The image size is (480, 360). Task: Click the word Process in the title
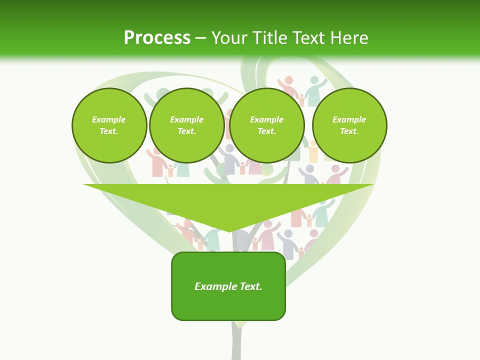coord(157,38)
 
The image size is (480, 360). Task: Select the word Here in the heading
coord(348,38)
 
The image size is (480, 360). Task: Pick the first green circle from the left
coord(109,125)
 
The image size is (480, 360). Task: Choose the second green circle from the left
coord(187,125)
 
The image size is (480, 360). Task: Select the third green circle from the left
coord(267,125)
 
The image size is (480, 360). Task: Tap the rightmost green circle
coord(349,125)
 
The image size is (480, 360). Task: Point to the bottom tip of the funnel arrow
coord(229,231)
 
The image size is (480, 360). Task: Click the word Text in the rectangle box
coord(250,286)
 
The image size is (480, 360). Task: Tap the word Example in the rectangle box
coord(215,286)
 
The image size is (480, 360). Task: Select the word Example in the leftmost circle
coord(109,120)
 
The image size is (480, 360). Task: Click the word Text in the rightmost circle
coord(349,131)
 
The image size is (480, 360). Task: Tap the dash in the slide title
coord(201,38)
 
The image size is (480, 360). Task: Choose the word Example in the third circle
coord(267,120)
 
